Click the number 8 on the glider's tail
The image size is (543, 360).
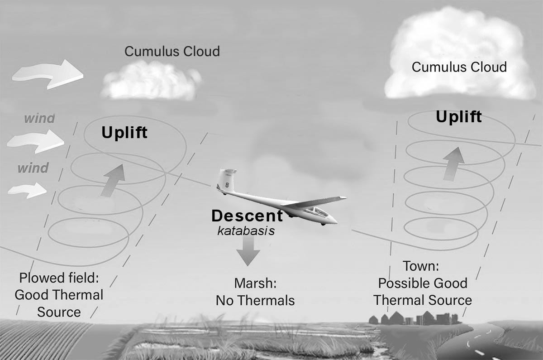(x=227, y=185)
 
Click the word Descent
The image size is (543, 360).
(x=247, y=216)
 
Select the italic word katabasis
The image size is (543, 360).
(x=246, y=230)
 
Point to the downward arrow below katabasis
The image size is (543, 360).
(x=248, y=252)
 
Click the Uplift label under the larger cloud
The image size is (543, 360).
(x=458, y=117)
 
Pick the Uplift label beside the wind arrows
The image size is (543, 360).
(x=124, y=133)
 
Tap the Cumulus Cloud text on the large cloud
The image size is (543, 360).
(x=459, y=67)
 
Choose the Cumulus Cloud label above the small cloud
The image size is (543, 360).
(x=172, y=51)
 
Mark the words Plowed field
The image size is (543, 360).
(x=59, y=278)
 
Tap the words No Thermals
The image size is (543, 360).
(x=255, y=300)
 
